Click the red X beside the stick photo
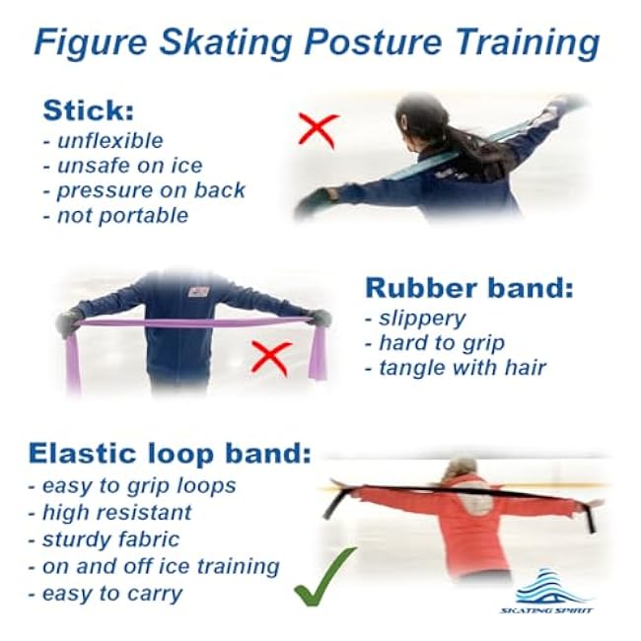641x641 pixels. [x=318, y=129]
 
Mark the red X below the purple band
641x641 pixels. [x=269, y=356]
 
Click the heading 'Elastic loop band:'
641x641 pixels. [x=170, y=454]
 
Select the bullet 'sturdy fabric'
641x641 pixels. [x=109, y=539]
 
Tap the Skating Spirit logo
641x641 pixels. [x=548, y=592]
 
